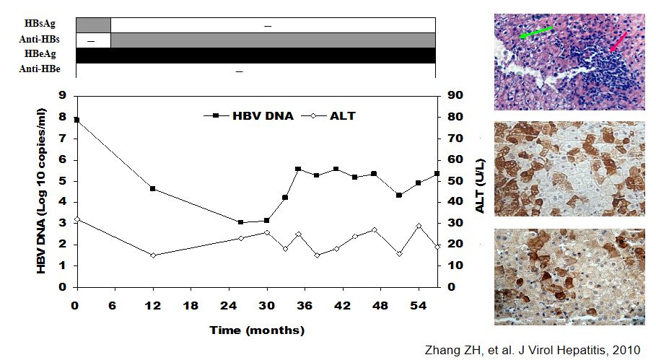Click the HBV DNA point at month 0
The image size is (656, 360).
76,120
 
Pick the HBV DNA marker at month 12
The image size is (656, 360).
153,189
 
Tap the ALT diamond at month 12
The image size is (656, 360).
153,255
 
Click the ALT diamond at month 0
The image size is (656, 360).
76,219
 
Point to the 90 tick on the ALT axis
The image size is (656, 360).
455,95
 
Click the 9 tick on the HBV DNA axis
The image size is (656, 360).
64,95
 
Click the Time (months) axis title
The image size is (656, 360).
257,330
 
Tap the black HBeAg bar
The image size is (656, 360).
255,55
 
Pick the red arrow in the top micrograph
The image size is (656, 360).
618,41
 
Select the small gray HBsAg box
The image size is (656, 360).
93,25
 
